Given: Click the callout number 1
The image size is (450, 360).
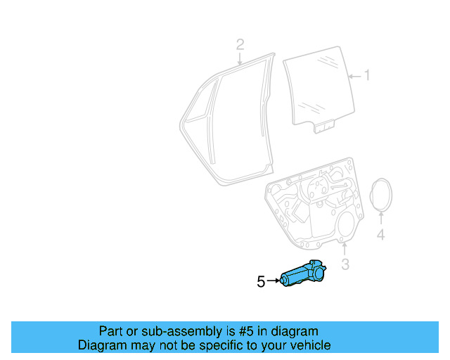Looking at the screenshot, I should coord(366,75).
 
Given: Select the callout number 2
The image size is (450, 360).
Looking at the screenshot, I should coord(240,45).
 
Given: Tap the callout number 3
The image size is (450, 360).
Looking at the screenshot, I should coord(345,264).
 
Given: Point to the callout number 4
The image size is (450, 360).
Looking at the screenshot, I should coord(380,235).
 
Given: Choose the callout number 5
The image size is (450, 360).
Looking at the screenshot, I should coord(261,281).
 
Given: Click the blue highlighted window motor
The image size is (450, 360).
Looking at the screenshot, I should coord(303,274).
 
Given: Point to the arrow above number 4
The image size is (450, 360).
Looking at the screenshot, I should coord(380,218).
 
